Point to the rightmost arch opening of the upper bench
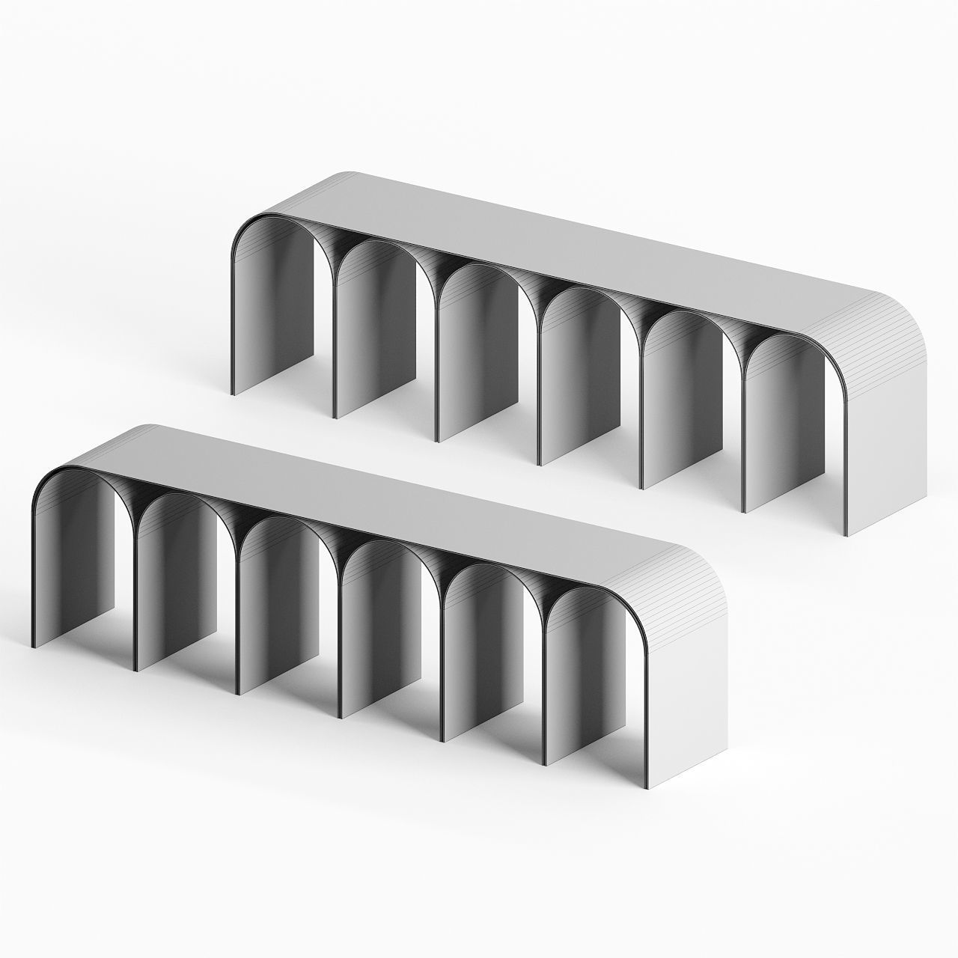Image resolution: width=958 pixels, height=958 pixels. pos(793,427)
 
